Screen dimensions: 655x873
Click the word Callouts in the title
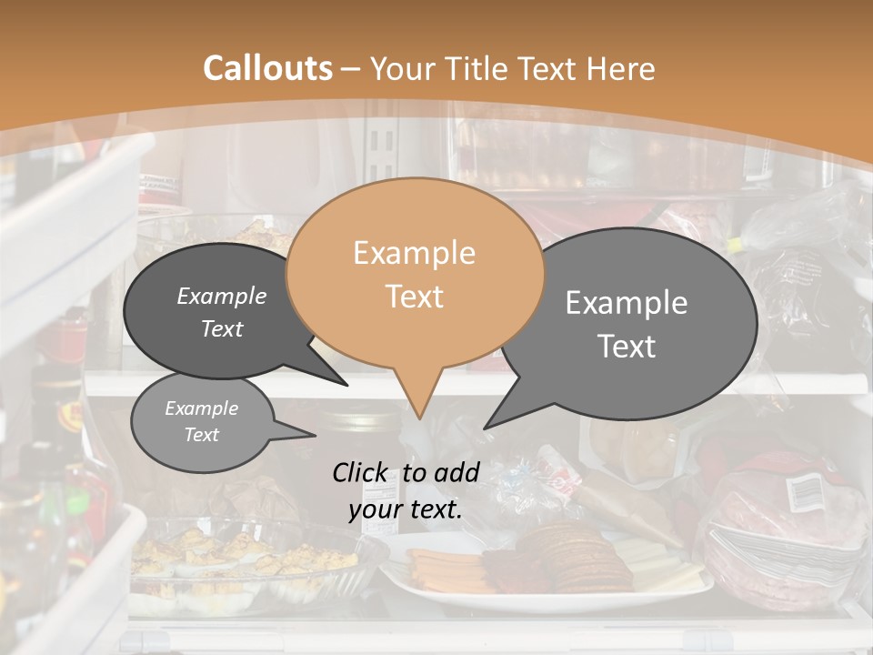(x=267, y=68)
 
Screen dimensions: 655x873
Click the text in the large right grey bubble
(x=627, y=324)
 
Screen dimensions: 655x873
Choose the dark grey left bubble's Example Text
(x=222, y=312)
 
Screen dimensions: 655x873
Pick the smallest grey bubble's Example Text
(x=201, y=421)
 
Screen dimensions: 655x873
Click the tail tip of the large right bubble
(x=485, y=428)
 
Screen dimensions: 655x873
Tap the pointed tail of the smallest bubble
(x=314, y=436)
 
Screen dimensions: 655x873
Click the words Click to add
(x=406, y=472)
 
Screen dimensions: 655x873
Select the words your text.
(x=406, y=509)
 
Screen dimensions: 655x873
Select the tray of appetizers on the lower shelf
(x=236, y=559)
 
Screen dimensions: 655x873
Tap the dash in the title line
(x=352, y=68)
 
